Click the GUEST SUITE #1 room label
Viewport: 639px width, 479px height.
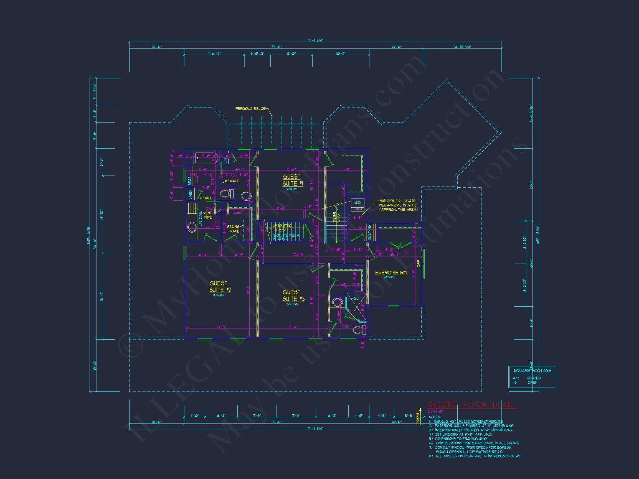(291, 180)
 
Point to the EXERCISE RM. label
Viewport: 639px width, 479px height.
(391, 272)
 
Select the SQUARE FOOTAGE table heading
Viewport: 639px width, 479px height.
(532, 370)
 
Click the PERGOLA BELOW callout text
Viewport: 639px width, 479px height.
(250, 109)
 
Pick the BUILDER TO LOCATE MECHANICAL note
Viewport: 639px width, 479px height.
(398, 205)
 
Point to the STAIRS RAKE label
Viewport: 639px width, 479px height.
(234, 229)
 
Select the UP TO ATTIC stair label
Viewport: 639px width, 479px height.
(282, 226)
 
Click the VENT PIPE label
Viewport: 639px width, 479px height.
(207, 215)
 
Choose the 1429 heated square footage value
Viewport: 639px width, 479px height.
(516, 378)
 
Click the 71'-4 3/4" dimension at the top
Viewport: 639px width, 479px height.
(315, 40)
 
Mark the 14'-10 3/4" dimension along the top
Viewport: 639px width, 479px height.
(463, 47)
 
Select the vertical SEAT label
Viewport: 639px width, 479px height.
(189, 181)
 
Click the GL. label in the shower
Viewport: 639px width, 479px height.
(356, 299)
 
